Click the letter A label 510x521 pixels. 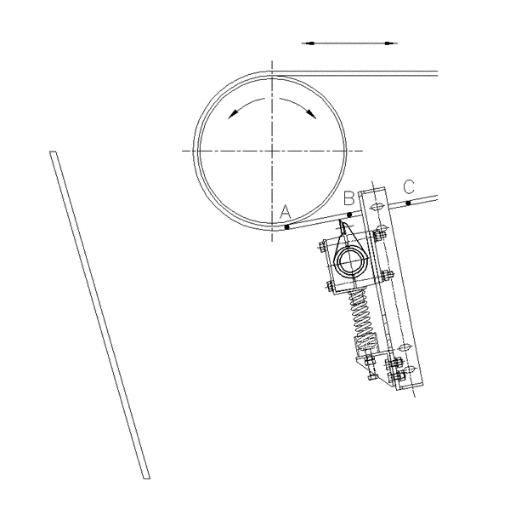point(286,212)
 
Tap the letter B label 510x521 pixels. point(348,198)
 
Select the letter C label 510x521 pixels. point(409,186)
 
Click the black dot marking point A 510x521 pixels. point(287,227)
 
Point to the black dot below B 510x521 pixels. point(349,215)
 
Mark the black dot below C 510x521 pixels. point(409,203)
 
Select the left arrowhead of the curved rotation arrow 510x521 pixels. point(233,114)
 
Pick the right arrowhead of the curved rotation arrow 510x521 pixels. point(311,113)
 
